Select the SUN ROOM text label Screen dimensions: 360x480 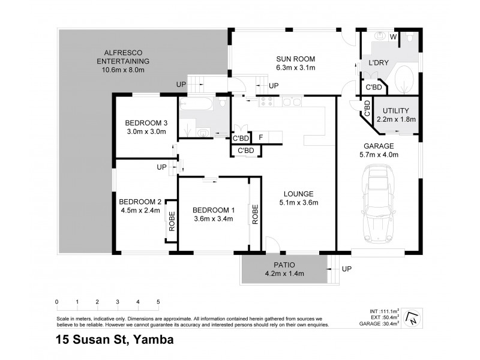tap(295, 63)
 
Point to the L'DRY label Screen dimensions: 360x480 tap(378, 62)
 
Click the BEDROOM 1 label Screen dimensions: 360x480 tap(213, 215)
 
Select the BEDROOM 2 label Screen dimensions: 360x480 tap(140, 206)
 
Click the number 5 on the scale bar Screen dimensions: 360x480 tap(158, 302)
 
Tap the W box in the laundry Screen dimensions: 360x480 tap(394, 37)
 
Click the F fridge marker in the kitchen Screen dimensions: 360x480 tap(260, 137)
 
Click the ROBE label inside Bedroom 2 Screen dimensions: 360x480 tap(171, 220)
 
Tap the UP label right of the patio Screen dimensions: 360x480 tap(346, 269)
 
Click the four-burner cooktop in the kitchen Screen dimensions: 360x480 tap(266, 103)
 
